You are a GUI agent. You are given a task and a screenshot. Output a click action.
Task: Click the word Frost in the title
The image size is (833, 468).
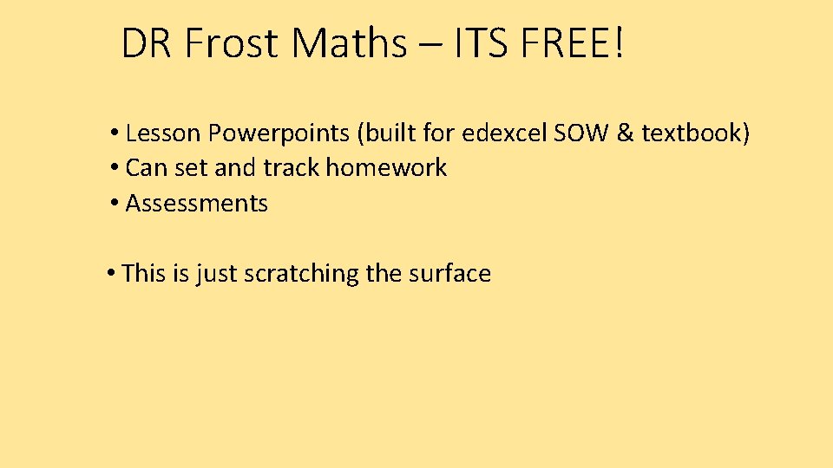point(232,43)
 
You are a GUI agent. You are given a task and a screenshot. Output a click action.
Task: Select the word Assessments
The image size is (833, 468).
point(197,204)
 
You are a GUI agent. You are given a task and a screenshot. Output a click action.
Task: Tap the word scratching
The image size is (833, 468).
point(301,274)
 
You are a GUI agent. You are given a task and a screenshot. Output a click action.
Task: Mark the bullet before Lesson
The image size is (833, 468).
point(115,133)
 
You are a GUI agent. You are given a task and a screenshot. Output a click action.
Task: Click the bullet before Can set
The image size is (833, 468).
point(115,168)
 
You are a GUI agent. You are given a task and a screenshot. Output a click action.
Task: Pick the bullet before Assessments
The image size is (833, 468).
point(115,204)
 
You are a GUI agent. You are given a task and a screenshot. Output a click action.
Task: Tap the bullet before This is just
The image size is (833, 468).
point(112,274)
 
